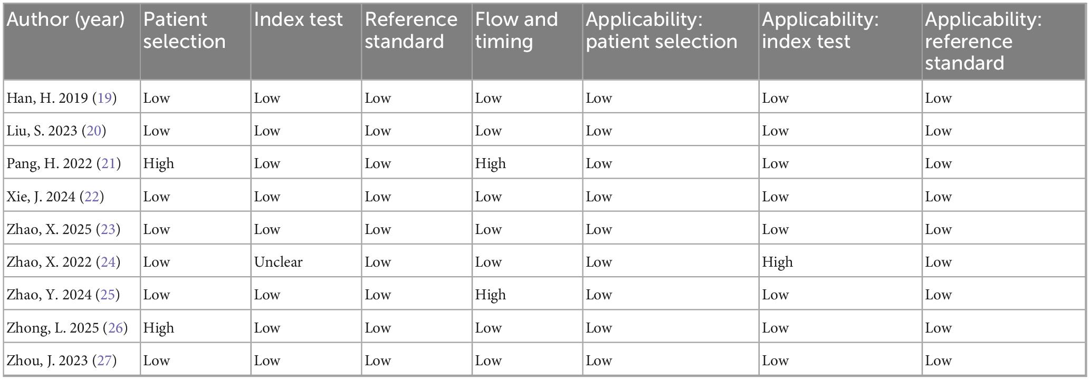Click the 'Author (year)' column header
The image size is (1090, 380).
[65, 20]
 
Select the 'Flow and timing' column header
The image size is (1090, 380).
[516, 31]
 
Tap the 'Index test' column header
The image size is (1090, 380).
[298, 20]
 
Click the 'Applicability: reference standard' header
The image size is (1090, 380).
[983, 41]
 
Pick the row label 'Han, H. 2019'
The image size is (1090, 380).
[47, 98]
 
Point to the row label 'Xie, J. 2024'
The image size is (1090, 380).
[41, 197]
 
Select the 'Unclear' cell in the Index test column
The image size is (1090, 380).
[278, 262]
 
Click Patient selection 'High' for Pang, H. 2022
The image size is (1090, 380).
[158, 164]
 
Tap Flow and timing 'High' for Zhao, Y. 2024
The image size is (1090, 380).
[490, 295]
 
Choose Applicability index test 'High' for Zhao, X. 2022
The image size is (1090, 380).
[777, 262]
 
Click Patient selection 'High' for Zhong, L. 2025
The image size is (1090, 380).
[158, 328]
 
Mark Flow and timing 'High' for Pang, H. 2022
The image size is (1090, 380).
[490, 164]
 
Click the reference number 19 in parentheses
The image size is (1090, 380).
[104, 98]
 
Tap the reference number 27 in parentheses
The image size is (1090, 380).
[104, 360]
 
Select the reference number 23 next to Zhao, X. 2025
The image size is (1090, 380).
[108, 229]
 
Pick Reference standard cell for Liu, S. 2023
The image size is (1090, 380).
[378, 131]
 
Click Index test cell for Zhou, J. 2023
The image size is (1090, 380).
[267, 360]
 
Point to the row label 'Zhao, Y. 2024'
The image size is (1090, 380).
[49, 295]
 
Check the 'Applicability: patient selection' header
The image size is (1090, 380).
[661, 31]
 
